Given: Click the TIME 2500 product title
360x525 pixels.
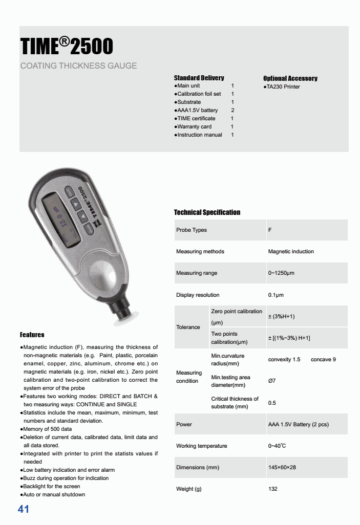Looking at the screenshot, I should pyautogui.click(x=67, y=47).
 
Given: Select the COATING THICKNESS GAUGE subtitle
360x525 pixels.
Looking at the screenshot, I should pyautogui.click(x=78, y=66).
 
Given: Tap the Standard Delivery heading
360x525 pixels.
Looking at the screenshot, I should pyautogui.click(x=199, y=78).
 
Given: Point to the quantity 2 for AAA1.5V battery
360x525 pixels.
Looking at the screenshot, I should pyautogui.click(x=232, y=110).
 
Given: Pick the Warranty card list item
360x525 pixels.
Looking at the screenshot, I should pyautogui.click(x=194, y=126).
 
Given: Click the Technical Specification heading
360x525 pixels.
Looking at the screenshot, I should pyautogui.click(x=207, y=212).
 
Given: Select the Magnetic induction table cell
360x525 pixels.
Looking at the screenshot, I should pyautogui.click(x=291, y=251).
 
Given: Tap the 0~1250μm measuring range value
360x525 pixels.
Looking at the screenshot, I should pyautogui.click(x=281, y=273).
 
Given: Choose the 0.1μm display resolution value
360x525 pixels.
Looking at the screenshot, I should pyautogui.click(x=276, y=295).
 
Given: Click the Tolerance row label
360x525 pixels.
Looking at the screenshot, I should pyautogui.click(x=188, y=327).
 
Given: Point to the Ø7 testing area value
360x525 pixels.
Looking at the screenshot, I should pyautogui.click(x=272, y=381).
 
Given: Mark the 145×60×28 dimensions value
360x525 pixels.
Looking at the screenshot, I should pyautogui.click(x=282, y=467).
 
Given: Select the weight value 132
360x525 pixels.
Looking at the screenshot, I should pyautogui.click(x=273, y=489).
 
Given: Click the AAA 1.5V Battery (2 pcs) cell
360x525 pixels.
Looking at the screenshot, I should pyautogui.click(x=299, y=424).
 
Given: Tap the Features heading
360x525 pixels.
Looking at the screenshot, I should pyautogui.click(x=32, y=335).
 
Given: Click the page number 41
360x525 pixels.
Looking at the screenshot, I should pyautogui.click(x=24, y=509).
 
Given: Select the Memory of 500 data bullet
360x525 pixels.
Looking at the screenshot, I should pyautogui.click(x=47, y=429).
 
